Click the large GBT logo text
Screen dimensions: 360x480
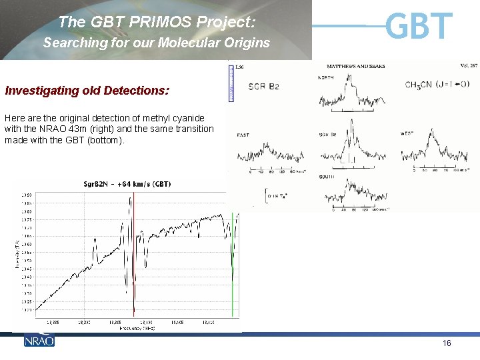419,26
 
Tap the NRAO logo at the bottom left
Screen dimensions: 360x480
39,340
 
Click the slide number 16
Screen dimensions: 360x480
447,343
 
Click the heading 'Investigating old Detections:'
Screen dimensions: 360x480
87,90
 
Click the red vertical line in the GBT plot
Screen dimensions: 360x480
133,253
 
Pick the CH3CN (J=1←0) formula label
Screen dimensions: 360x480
437,85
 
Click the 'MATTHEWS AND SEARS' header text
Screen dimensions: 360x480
356,67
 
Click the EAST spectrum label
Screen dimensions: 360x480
243,135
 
